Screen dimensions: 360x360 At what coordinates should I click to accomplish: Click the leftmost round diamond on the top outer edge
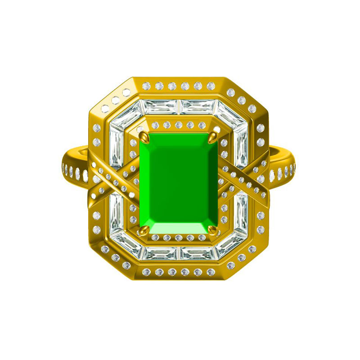click(x=146, y=86)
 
